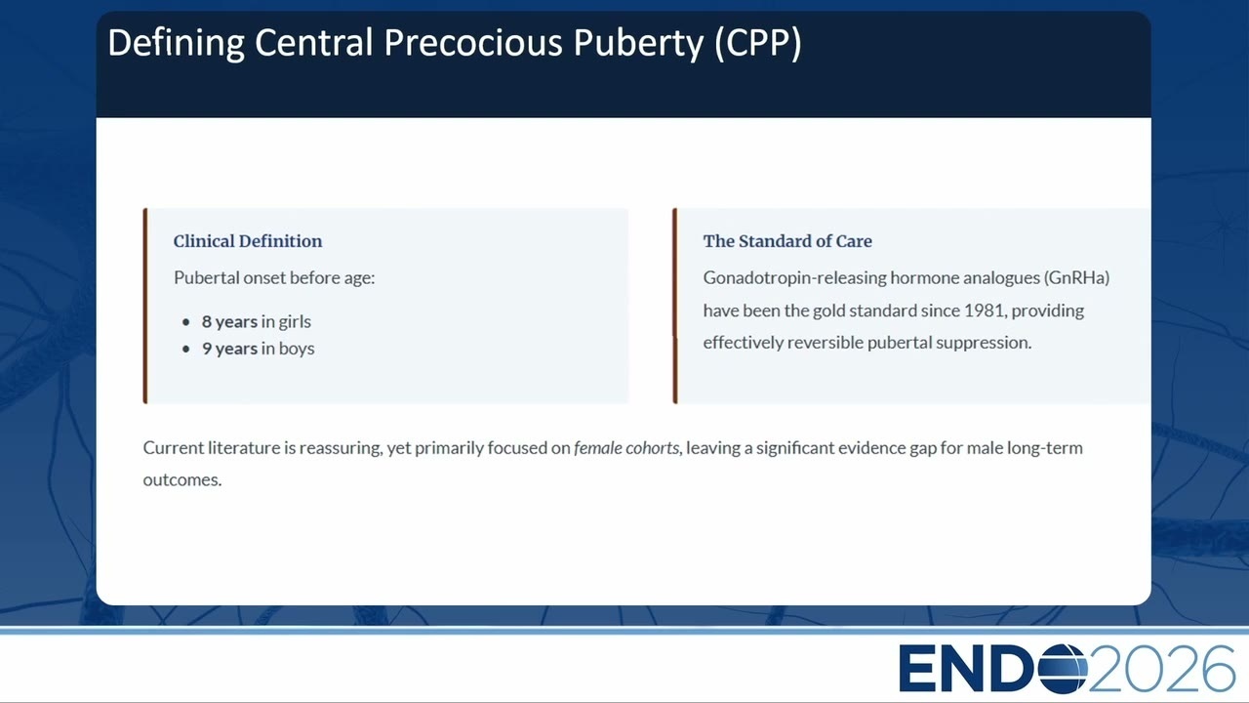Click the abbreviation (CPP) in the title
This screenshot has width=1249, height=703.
pos(758,43)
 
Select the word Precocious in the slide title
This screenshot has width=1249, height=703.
pos(473,42)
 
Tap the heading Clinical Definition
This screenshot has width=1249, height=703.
pos(248,241)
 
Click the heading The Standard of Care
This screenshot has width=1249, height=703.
pos(787,241)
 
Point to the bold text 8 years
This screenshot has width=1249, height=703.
pos(229,322)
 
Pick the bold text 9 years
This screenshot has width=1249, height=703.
pos(229,349)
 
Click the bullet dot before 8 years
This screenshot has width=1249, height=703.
pos(186,322)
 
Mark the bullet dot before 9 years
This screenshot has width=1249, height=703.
pos(186,350)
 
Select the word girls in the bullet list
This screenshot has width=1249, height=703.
pos(295,322)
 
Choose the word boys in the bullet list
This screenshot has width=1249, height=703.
pos(297,349)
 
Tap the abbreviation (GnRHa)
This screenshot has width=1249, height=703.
pos(1076,278)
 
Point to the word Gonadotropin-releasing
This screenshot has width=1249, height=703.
pos(794,278)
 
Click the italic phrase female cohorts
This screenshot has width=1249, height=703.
pos(626,448)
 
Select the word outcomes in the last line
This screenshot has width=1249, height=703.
pos(181,479)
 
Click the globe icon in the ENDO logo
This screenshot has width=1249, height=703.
pos(1063,669)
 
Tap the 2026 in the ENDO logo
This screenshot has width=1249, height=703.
pos(1161,669)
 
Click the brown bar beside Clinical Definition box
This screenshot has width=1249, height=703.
pos(145,306)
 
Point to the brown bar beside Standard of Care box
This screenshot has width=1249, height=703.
pos(675,306)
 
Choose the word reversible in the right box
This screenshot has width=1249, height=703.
pos(826,343)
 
